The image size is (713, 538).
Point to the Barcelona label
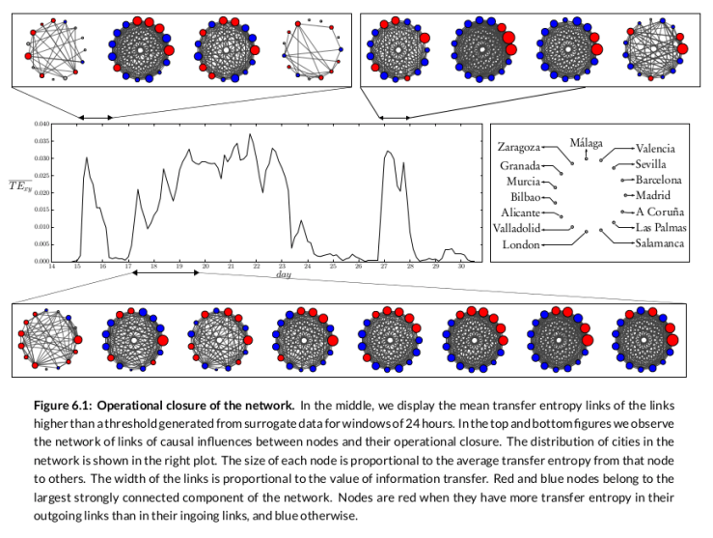pos(659,180)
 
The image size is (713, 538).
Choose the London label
pos(521,245)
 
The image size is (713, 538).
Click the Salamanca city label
pos(659,243)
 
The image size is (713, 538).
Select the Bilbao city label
pos(525,196)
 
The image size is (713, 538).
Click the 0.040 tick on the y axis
pos(39,125)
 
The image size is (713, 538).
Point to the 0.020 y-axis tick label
pos(39,192)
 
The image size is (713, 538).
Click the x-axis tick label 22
pos(256,268)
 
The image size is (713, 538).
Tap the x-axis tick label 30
pos(461,268)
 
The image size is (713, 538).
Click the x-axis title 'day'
pos(283,275)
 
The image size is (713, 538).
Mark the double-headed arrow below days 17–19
pos(166,273)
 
